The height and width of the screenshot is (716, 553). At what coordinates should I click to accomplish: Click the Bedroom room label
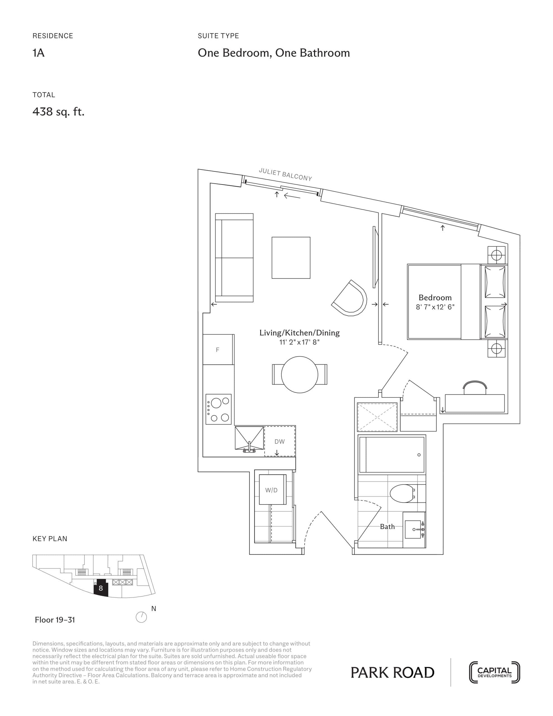[x=435, y=298]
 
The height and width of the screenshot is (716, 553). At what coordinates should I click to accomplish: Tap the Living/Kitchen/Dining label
[x=299, y=333]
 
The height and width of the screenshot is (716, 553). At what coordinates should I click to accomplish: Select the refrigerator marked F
[x=218, y=350]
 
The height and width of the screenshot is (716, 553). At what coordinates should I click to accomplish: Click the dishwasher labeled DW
[x=280, y=441]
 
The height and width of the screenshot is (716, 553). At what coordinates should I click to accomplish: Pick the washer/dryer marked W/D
[x=271, y=490]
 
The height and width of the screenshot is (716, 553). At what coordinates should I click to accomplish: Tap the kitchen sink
[x=249, y=438]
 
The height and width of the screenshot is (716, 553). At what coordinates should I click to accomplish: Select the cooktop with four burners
[x=218, y=409]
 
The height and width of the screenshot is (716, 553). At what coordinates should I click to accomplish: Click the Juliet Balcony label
[x=285, y=175]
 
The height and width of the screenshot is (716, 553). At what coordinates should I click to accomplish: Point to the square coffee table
[x=291, y=258]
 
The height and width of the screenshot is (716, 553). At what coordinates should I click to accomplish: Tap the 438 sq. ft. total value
[x=58, y=112]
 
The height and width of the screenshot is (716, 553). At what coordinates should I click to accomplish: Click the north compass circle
[x=141, y=617]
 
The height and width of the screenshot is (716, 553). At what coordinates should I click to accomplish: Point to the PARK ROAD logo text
[x=392, y=673]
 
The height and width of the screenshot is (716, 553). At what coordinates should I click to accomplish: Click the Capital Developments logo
[x=494, y=672]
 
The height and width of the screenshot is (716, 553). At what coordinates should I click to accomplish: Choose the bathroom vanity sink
[x=414, y=529]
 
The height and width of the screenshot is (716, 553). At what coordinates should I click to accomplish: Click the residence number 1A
[x=38, y=53]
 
